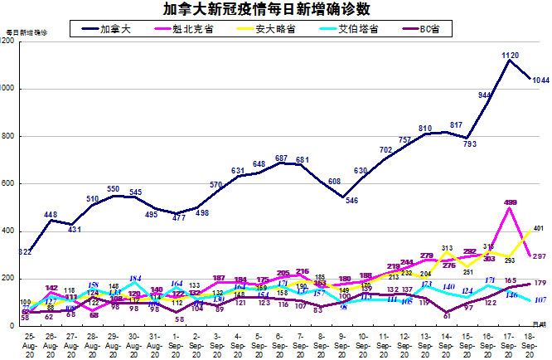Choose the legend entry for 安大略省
[273, 29]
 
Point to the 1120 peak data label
[511, 55]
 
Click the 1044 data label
[540, 80]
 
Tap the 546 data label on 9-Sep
[352, 201]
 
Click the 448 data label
[51, 213]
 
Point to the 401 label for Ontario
[539, 228]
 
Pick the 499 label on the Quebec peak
[511, 203]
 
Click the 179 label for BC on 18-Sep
[540, 283]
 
